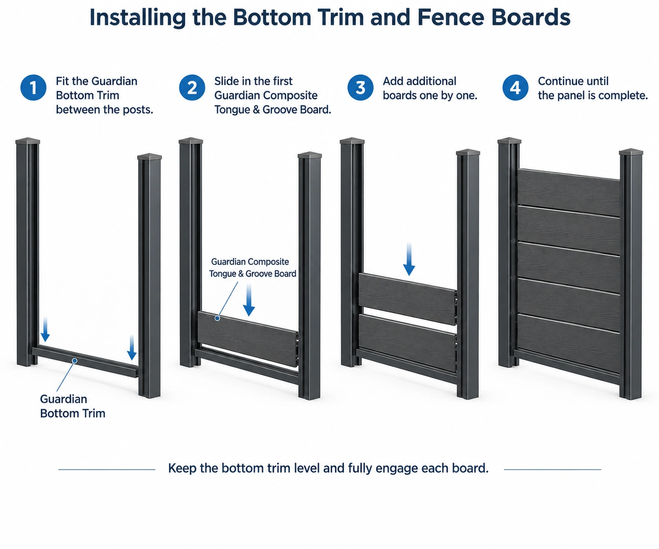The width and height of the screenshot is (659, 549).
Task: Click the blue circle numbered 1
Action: (34, 88)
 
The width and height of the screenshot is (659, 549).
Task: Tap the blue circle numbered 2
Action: (192, 88)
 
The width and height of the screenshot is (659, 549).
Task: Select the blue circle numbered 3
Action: (360, 88)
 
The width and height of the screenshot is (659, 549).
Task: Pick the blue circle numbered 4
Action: (516, 88)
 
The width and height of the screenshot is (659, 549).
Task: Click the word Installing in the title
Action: (138, 18)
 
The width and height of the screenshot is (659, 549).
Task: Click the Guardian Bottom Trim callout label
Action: (72, 406)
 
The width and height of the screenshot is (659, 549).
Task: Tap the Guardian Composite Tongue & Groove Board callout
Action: (252, 268)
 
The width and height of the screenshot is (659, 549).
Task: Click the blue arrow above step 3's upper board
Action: (409, 259)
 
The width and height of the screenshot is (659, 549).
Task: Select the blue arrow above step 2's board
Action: (249, 299)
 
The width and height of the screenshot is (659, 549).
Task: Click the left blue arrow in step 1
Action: (46, 329)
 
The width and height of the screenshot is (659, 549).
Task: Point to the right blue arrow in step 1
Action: (132, 347)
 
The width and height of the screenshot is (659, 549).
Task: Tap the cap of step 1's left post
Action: (28, 140)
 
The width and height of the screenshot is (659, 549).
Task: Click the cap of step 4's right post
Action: (631, 152)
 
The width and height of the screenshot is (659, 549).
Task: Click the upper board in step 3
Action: (408, 299)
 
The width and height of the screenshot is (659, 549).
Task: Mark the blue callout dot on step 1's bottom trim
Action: (74, 361)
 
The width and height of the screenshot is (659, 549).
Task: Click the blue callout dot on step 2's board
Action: (217, 318)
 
